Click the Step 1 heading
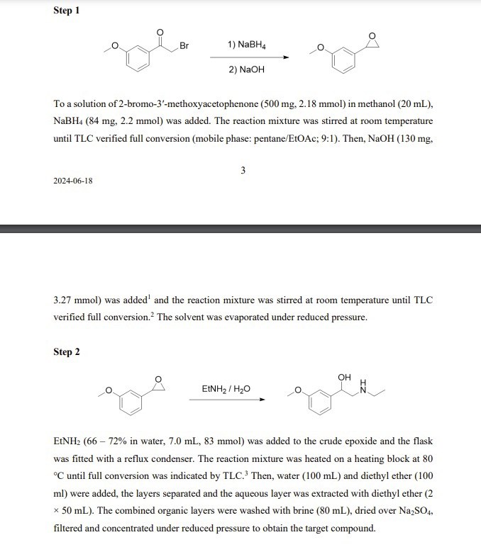[67, 11]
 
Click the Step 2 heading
[67, 352]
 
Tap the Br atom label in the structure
[184, 46]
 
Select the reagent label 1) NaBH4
[247, 44]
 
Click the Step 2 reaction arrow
[226, 400]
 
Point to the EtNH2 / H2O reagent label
[226, 389]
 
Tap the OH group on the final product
[345, 377]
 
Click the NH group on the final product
[365, 385]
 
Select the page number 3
[243, 170]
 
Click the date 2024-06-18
[73, 181]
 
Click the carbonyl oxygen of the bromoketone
[160, 32]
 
